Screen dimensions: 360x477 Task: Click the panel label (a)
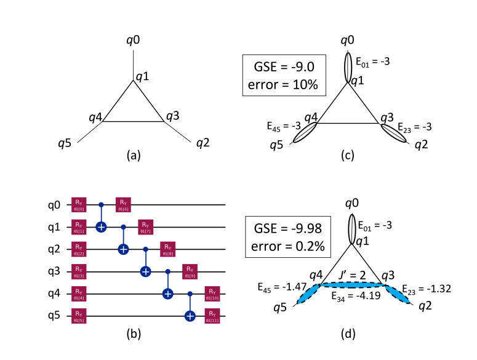pyautogui.click(x=133, y=157)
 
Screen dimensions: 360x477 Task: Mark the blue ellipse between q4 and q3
pyautogui.click(x=352, y=284)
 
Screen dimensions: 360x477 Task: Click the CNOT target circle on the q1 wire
pyautogui.click(x=101, y=227)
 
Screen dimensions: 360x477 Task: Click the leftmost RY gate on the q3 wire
pyautogui.click(x=78, y=271)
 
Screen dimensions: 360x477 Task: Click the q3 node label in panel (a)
pyautogui.click(x=173, y=115)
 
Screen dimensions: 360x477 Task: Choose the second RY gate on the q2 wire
pyautogui.click(x=167, y=249)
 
